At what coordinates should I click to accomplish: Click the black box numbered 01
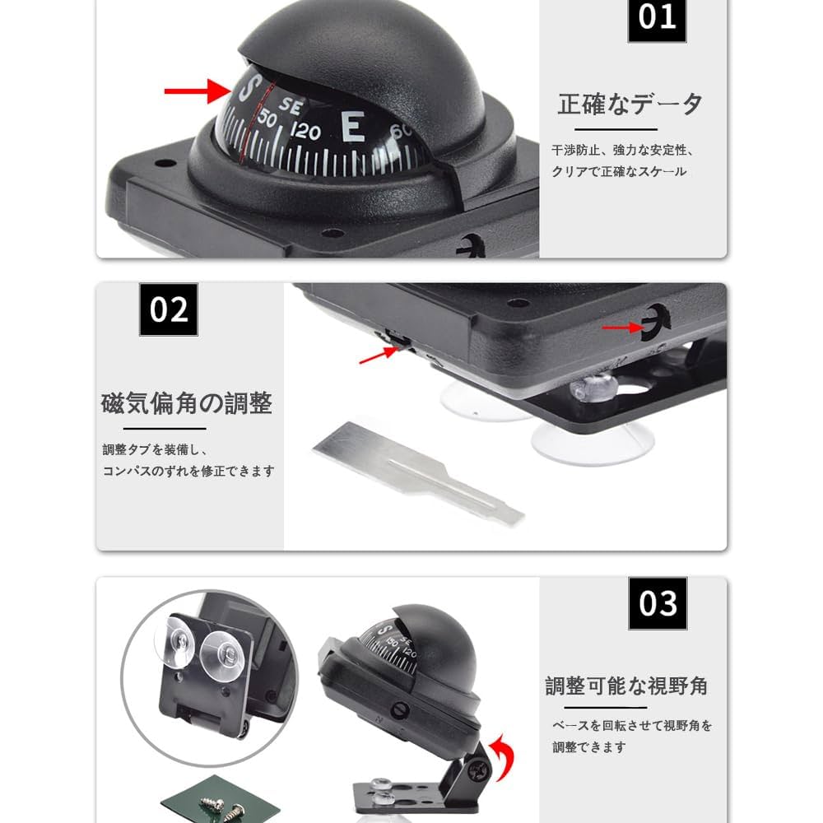click(657, 17)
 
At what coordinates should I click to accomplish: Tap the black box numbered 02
click(169, 309)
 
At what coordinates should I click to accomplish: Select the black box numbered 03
click(658, 603)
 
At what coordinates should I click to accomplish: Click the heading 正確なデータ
click(631, 105)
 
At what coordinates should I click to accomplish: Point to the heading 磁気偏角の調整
click(187, 403)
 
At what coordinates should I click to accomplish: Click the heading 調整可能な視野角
click(626, 686)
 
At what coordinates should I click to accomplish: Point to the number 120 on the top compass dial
click(306, 132)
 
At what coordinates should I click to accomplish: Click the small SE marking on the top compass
click(288, 105)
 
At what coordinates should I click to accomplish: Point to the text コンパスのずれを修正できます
click(188, 472)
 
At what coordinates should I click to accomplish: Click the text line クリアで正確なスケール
click(619, 171)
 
